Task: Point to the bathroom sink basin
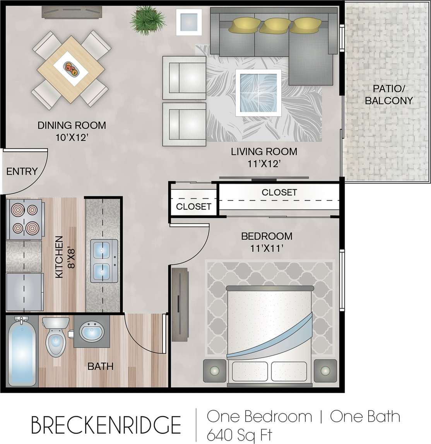coord(92,331)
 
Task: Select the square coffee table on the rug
coord(258,93)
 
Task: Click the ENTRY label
coord(22,171)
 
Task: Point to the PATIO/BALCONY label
coord(388,94)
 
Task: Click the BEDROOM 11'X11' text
coord(267,242)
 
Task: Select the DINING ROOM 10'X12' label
coord(72,131)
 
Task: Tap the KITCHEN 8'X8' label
coord(65,257)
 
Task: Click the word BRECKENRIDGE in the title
coord(106,425)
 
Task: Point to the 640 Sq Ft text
coord(239,435)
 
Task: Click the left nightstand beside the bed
coord(214,371)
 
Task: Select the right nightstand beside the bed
coord(325,371)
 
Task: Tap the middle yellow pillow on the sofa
coord(275,26)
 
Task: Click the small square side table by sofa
coord(189,22)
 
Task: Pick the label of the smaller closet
coord(193,207)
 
